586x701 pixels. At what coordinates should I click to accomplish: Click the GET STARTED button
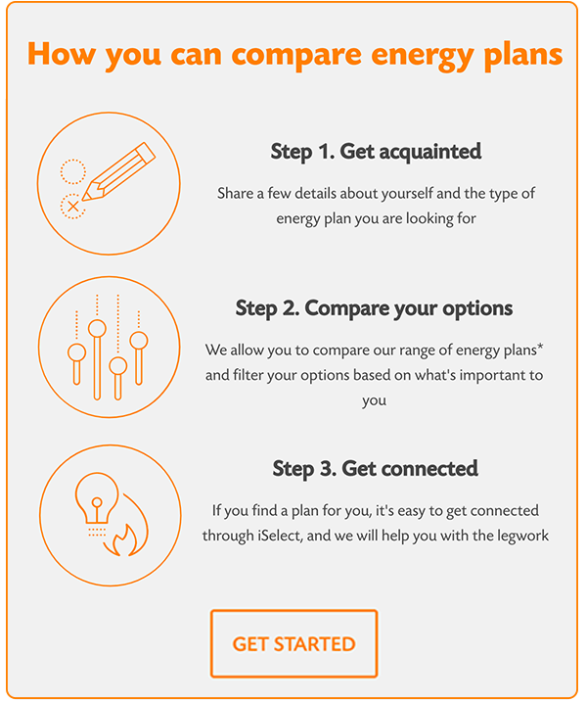coord(293,643)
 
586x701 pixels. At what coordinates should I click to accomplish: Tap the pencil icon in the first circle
coord(118,171)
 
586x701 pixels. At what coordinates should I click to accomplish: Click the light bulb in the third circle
coord(97,498)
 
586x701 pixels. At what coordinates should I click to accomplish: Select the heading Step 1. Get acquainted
coord(376,152)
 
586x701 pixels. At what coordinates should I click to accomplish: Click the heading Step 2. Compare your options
coord(375,308)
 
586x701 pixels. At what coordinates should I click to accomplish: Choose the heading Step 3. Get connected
coord(376,469)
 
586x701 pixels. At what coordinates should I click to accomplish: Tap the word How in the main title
coord(62,53)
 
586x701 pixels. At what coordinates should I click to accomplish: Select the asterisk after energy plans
coord(540,347)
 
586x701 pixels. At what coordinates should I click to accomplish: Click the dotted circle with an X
coord(72,207)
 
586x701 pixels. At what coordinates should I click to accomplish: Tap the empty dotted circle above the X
coord(72,171)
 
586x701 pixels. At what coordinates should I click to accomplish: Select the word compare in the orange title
coord(296,56)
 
